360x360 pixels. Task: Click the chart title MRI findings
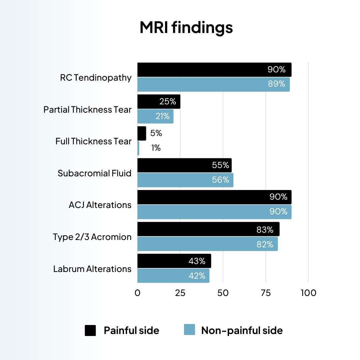pos(186,28)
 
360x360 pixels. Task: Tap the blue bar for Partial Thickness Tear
pos(155,116)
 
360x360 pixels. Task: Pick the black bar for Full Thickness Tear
pos(142,133)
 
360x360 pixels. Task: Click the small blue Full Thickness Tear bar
pos(138,148)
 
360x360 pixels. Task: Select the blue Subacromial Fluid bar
pos(185,180)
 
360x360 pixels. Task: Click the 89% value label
pos(277,84)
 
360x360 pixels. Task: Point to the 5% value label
pos(156,133)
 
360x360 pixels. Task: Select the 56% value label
pos(221,180)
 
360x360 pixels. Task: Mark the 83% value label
pos(265,229)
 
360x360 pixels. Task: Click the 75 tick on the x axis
pos(266,293)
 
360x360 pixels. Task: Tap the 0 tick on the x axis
pos(138,293)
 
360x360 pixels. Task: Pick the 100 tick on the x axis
pos(308,293)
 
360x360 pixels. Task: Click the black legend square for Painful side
pos(90,330)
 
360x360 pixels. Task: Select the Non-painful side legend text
pos(242,330)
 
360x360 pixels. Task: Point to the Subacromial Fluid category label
pos(94,173)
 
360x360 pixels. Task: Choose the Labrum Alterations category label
pos(92,269)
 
